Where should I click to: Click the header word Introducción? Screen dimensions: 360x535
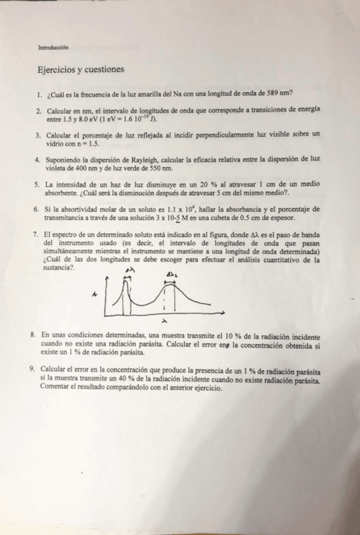click(53, 47)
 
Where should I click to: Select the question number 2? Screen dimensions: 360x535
click(38, 110)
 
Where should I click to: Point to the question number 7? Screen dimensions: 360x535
click(38, 235)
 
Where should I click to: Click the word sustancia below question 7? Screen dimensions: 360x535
click(59, 267)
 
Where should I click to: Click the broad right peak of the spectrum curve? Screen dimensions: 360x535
click(169, 285)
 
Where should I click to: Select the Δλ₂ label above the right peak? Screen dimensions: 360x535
click(171, 273)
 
